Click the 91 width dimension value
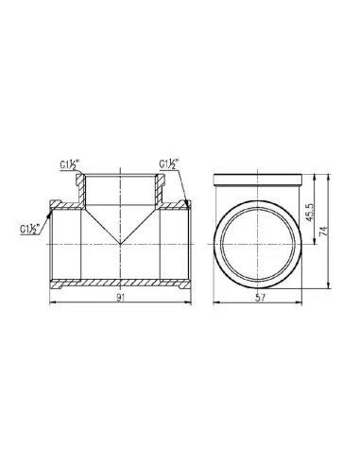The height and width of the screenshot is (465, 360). coord(121,298)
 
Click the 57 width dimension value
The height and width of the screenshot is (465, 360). coord(260,298)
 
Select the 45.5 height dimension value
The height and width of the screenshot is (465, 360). coord(310,212)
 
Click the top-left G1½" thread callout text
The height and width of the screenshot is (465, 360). coord(70,165)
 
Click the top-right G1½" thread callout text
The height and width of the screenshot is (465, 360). coord(169,164)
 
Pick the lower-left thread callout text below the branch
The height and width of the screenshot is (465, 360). coord(30,229)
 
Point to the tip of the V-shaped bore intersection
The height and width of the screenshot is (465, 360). coord(120,244)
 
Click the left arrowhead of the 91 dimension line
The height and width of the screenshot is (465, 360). coord(52,302)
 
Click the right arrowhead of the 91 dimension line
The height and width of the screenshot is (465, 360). coord(189,302)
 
